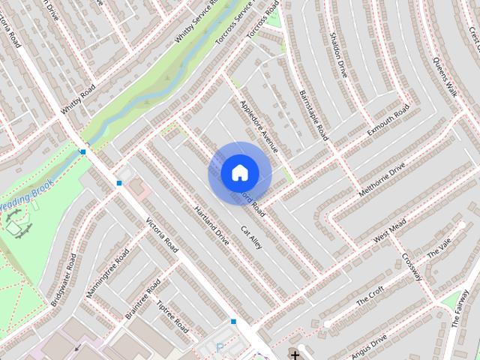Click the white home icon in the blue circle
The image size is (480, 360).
click(239, 172)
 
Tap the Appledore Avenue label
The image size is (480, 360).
click(259, 124)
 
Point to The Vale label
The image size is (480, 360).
click(436, 249)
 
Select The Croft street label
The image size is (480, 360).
click(370, 295)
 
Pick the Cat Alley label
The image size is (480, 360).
click(250, 237)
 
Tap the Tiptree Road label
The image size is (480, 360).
click(172, 318)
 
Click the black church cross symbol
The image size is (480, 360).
click(295, 354)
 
